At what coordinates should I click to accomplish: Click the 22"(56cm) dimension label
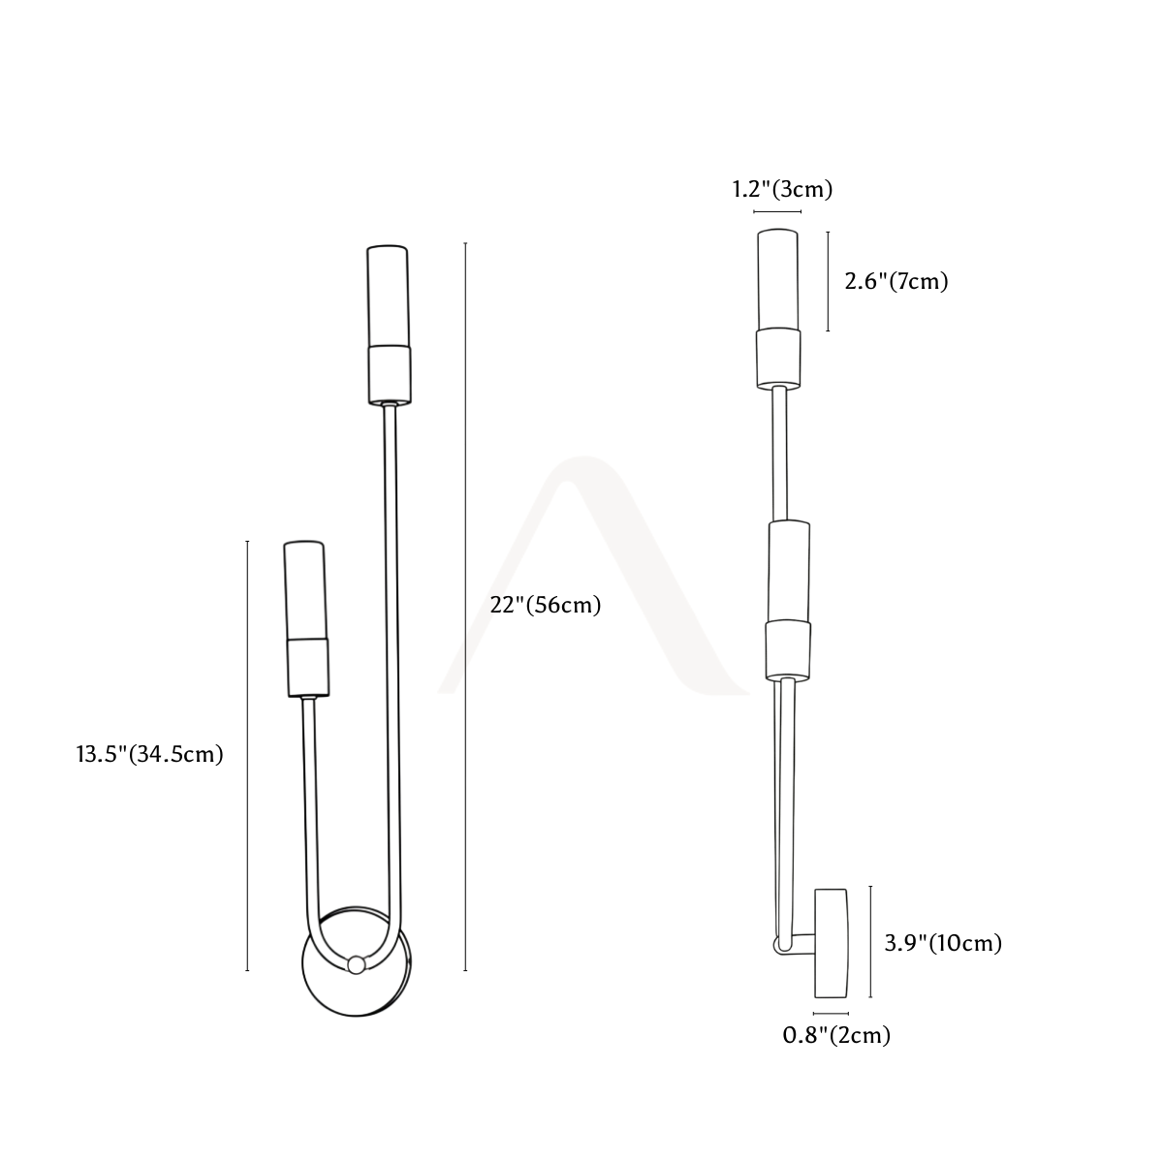(x=545, y=605)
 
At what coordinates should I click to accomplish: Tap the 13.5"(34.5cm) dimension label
(x=149, y=754)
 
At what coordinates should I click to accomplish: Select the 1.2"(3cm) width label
(x=782, y=190)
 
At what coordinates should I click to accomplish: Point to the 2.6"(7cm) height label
(x=896, y=281)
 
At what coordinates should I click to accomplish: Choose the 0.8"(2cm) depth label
(x=836, y=1035)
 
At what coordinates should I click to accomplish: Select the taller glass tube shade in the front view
(x=388, y=296)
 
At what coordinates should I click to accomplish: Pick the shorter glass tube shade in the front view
(x=306, y=590)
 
